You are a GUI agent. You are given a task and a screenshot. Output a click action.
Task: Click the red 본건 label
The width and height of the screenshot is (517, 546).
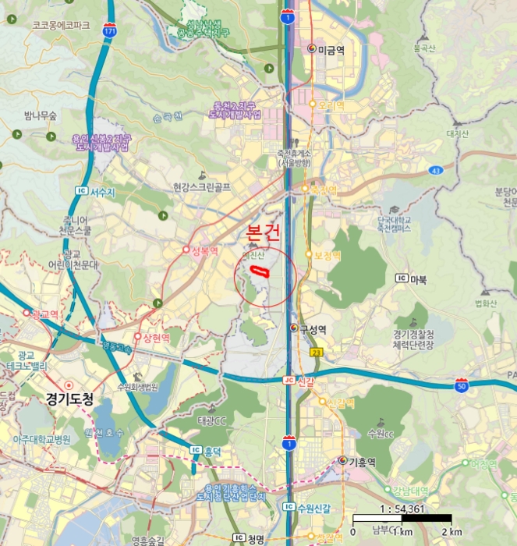262,232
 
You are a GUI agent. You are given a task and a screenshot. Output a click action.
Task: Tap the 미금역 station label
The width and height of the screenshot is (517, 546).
331,49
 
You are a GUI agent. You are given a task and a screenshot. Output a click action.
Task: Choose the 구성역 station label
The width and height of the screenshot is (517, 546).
311,329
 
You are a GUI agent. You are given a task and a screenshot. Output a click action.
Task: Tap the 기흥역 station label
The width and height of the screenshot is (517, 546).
361,462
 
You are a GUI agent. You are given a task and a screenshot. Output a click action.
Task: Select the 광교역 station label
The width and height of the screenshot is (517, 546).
44,314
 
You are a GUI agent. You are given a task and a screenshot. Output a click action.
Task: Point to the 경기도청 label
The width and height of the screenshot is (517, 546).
70,399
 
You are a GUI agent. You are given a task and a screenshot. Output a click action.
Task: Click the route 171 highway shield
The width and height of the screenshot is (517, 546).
109,30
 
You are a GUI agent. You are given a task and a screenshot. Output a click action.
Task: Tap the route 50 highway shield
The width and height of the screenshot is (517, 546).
462,384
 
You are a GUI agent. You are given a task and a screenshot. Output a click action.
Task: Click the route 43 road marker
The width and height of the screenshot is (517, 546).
436,170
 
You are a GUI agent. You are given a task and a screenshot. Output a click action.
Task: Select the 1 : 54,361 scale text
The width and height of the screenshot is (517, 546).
402,508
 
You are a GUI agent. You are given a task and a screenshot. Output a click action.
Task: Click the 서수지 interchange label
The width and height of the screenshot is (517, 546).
102,192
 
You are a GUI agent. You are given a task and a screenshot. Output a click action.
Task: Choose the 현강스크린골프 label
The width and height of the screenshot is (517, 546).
202,187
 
